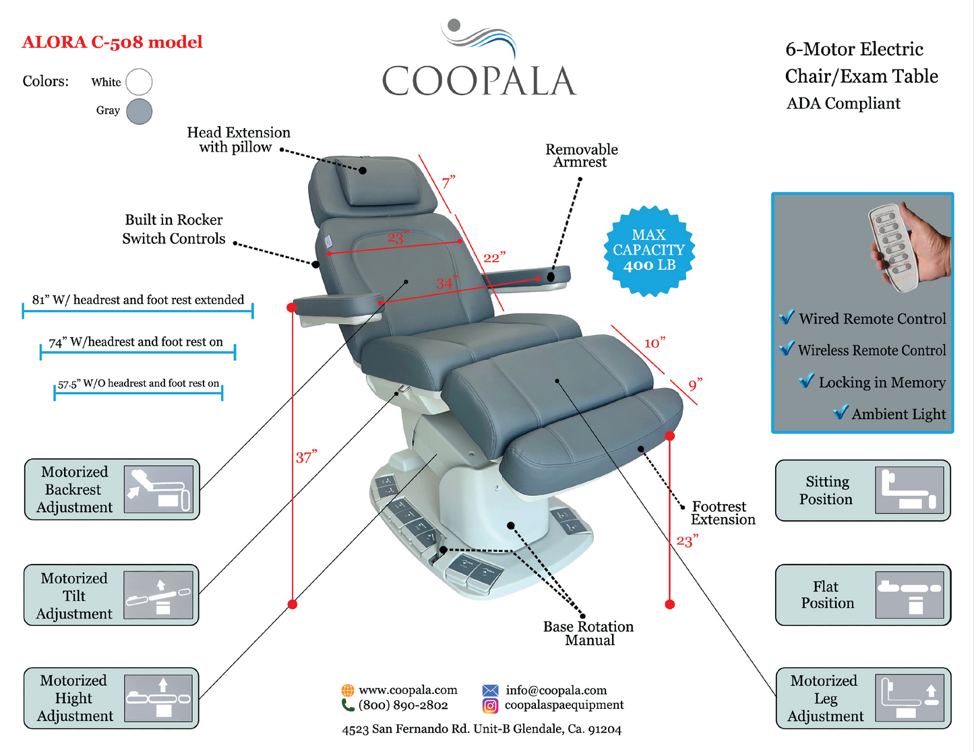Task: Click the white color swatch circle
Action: click(139, 82)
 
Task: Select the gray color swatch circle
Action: click(139, 111)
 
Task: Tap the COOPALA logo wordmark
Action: click(479, 81)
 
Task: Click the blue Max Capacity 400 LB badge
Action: click(649, 251)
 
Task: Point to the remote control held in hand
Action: click(896, 247)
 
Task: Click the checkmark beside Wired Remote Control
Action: click(786, 317)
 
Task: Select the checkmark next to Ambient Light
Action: click(840, 412)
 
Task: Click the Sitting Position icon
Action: click(909, 490)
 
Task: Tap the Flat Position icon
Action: click(909, 595)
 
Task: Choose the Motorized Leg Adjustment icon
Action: click(909, 699)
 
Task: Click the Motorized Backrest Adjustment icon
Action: click(158, 489)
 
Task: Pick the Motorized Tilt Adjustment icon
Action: click(158, 595)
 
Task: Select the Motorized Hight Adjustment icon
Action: click(158, 699)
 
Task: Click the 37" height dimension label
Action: click(306, 458)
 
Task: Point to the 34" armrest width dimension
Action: click(446, 284)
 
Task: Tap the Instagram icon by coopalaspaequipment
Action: click(490, 706)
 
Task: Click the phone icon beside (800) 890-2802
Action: click(348, 706)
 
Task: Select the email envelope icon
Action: click(490, 690)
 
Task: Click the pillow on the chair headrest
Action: click(380, 182)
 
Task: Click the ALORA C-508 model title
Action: click(113, 42)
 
